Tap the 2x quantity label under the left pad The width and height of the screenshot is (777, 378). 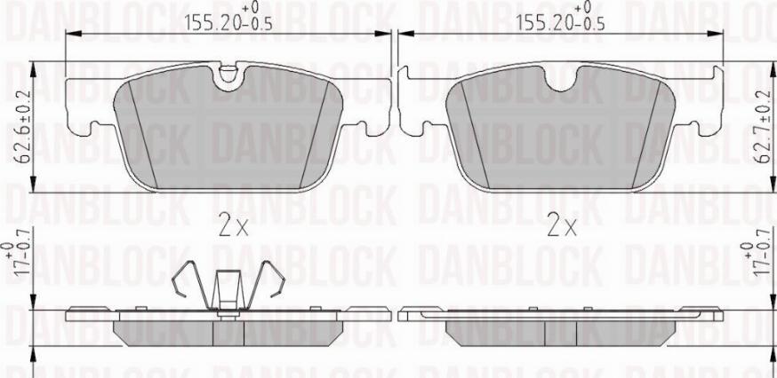coord(232,226)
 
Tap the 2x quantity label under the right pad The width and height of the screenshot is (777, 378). coord(562,226)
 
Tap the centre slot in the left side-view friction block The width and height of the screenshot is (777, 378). coord(229,332)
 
